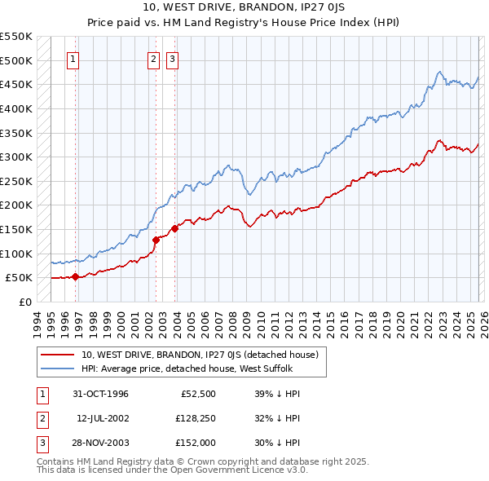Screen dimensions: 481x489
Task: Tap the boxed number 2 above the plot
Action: coord(153,59)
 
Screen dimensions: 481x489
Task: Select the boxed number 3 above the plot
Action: coord(173,59)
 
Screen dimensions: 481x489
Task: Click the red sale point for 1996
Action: coord(76,276)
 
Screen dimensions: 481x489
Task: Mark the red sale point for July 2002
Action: coord(156,240)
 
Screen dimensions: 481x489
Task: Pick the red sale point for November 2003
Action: coord(174,228)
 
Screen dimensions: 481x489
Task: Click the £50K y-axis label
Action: coord(19,278)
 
